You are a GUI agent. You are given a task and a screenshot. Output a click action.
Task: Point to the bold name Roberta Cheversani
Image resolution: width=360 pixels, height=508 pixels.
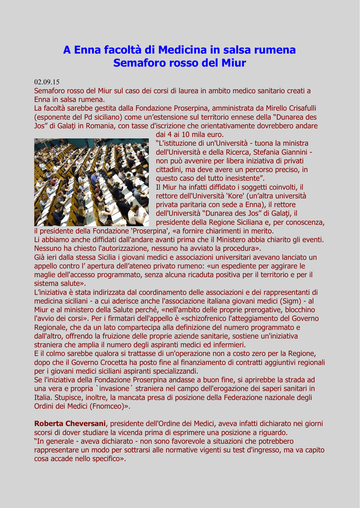(70, 424)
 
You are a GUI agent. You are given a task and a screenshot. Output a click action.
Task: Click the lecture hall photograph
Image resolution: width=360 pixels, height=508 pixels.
(91, 182)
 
